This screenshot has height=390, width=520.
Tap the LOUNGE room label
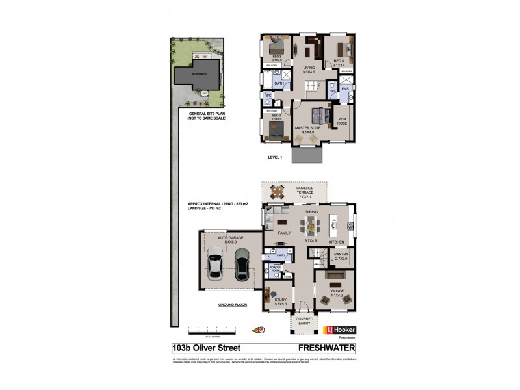(x=336, y=291)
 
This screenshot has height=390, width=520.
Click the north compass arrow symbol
(x=263, y=330)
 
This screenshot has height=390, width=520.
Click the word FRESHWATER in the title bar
(x=318, y=348)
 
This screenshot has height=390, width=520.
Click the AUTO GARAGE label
(x=230, y=239)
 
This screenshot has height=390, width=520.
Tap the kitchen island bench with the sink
(x=335, y=224)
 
